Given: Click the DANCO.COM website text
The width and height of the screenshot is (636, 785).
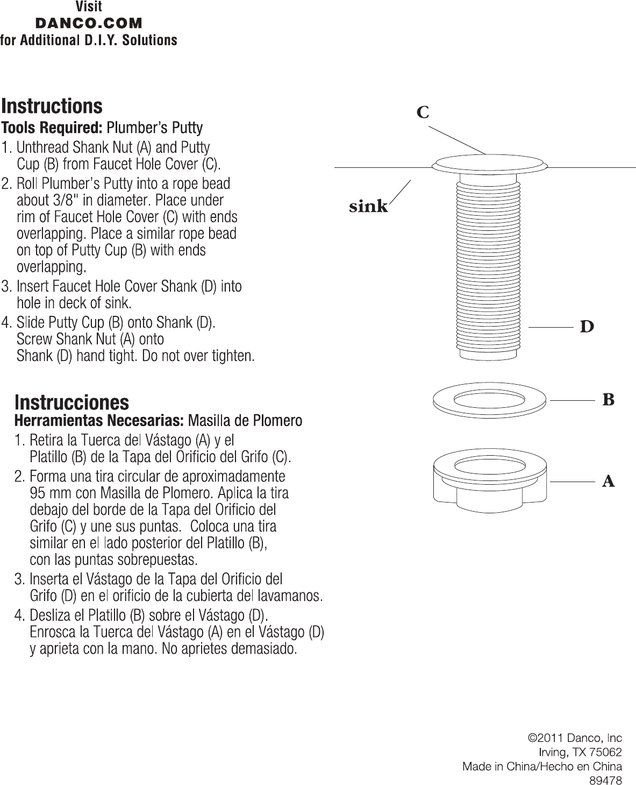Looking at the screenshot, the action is (89, 23).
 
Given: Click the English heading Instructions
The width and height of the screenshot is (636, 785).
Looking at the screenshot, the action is (52, 106).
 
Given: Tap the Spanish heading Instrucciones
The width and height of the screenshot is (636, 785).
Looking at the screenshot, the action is (72, 402).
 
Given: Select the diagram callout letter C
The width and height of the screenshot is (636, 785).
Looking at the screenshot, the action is (423, 112).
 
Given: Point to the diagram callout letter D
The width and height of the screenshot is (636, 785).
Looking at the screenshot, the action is (587, 327).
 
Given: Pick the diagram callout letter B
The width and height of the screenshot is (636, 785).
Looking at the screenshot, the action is (609, 400).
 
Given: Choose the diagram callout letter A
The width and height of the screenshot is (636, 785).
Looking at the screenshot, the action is (609, 481).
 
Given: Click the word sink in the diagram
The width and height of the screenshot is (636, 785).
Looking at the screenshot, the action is (368, 206).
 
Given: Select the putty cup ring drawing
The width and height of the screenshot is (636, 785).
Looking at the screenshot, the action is (489, 400).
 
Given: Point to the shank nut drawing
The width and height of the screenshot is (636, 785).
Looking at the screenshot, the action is (490, 480).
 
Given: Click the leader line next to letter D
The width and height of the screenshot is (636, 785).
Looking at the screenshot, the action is (551, 327).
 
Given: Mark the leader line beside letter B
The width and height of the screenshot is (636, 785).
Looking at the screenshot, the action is (572, 400).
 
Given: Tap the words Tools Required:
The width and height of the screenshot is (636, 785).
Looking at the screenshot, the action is (52, 128).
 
